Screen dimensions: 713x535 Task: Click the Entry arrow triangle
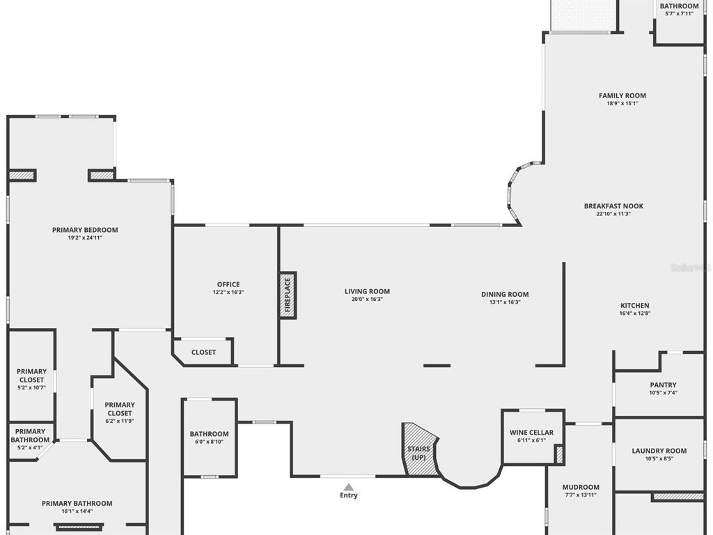pyautogui.click(x=348, y=487)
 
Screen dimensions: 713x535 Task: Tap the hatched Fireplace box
pyautogui.click(x=288, y=295)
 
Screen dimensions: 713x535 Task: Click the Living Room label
pyautogui.click(x=367, y=292)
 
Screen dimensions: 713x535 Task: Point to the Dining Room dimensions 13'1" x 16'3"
pyautogui.click(x=505, y=302)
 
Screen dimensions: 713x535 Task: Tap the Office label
pyautogui.click(x=228, y=284)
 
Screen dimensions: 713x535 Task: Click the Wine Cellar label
pyautogui.click(x=531, y=432)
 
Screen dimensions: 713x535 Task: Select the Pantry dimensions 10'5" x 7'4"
pyautogui.click(x=664, y=393)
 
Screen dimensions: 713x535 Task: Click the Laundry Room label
pyautogui.click(x=659, y=451)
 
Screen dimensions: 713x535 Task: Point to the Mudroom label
pyautogui.click(x=581, y=487)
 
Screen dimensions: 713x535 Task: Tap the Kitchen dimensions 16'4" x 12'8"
pyautogui.click(x=635, y=313)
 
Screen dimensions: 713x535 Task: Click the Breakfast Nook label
pyautogui.click(x=613, y=206)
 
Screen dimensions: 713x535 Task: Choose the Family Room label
pyautogui.click(x=622, y=95)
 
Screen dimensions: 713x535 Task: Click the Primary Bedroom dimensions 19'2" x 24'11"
pyautogui.click(x=85, y=238)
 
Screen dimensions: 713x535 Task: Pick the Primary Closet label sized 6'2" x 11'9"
pyautogui.click(x=120, y=409)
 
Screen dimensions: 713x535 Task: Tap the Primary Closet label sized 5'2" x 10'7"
pyautogui.click(x=32, y=375)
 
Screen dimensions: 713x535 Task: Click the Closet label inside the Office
pyautogui.click(x=203, y=352)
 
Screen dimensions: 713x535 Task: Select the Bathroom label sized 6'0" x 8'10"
pyautogui.click(x=209, y=434)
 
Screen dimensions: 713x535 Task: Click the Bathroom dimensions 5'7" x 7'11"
pyautogui.click(x=680, y=14)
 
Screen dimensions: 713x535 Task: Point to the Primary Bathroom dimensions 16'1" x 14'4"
pyautogui.click(x=77, y=511)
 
